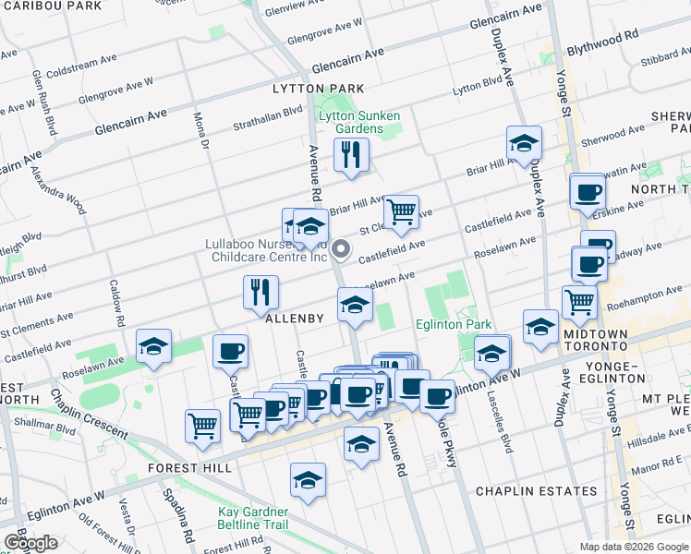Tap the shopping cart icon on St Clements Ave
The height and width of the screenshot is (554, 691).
click(401, 211)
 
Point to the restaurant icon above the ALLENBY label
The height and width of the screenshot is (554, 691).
click(261, 291)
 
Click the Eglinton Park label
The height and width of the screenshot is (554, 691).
click(452, 324)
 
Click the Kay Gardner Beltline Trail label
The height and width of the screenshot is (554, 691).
click(253, 518)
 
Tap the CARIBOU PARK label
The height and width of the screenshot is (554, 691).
click(51, 6)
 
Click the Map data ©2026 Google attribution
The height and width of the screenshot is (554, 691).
click(633, 547)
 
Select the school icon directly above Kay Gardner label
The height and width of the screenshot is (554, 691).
click(308, 479)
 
